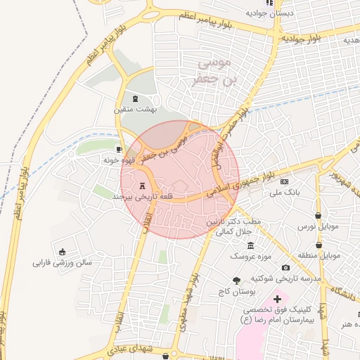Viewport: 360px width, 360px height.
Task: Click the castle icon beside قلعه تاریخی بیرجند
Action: (143, 186)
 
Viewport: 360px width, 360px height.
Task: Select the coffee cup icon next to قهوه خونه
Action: (119, 149)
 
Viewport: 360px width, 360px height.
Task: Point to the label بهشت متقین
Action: (136, 110)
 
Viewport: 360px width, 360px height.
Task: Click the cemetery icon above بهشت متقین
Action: (135, 98)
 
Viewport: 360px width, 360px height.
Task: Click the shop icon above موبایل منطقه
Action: (319, 245)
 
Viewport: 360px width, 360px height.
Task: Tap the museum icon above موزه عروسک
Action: (251, 245)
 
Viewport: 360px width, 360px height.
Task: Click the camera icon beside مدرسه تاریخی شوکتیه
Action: (285, 267)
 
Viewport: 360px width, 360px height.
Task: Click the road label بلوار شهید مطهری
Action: (190, 301)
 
